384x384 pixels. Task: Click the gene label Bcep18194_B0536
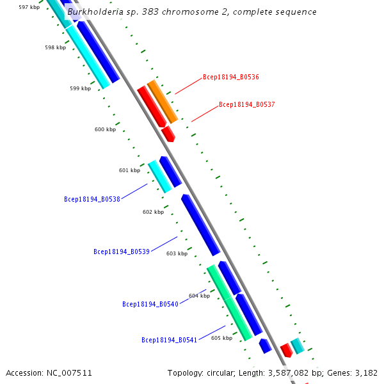(x=230, y=77)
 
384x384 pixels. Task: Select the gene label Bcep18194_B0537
(x=246, y=104)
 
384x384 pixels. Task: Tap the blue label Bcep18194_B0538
(x=92, y=199)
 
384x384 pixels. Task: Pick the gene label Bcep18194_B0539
(x=122, y=252)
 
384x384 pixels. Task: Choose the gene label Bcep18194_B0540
(x=150, y=304)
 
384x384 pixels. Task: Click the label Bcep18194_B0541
(x=170, y=340)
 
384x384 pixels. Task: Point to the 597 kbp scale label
(x=29, y=7)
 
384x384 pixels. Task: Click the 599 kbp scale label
(x=80, y=88)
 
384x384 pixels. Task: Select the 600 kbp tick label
(x=105, y=129)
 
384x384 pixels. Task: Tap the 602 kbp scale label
(x=153, y=212)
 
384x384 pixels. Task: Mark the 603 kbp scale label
(x=177, y=253)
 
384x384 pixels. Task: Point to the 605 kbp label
(x=221, y=338)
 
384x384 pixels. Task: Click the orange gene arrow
(x=163, y=102)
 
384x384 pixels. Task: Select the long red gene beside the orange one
(x=152, y=106)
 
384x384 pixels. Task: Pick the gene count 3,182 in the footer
(x=365, y=372)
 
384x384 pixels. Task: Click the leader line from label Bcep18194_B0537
(x=205, y=113)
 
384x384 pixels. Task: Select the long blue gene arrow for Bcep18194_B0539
(x=200, y=225)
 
